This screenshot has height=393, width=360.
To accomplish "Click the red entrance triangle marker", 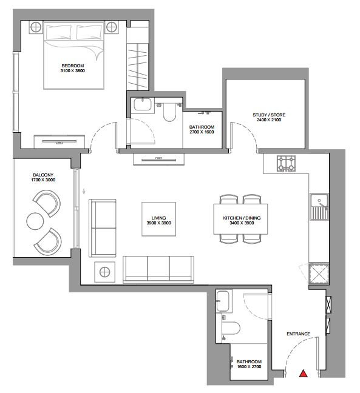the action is [x=304, y=374].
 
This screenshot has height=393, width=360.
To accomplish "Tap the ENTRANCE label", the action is [x=298, y=334].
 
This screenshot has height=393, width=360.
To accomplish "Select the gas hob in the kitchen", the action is [x=286, y=164].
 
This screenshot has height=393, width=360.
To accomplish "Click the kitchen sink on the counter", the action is [x=319, y=207].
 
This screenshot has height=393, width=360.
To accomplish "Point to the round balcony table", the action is [x=35, y=221].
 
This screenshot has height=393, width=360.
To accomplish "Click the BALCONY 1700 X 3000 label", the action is [x=43, y=177].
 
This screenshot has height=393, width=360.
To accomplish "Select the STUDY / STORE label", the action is [x=269, y=115].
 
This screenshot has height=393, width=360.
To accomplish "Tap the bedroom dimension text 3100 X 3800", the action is [x=72, y=71].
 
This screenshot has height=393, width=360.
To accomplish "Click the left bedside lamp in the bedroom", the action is [x=36, y=27].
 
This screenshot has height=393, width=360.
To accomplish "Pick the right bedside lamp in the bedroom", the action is [x=111, y=27].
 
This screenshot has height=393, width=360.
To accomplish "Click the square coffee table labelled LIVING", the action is [x=158, y=219].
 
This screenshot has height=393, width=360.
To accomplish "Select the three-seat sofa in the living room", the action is [x=158, y=270].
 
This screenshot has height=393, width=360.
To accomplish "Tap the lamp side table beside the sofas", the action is [x=104, y=272].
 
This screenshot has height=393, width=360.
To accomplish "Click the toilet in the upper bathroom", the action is [x=169, y=112].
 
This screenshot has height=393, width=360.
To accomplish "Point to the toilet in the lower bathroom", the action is [x=231, y=328].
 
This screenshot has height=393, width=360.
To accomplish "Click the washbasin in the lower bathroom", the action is [x=223, y=301].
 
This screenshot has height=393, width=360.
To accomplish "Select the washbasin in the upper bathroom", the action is [x=143, y=104].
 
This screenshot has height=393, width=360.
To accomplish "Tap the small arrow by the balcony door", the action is [x=84, y=191].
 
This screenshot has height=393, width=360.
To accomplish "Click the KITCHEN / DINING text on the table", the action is [x=242, y=218].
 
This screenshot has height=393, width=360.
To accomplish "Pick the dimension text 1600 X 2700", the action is [x=249, y=366].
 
